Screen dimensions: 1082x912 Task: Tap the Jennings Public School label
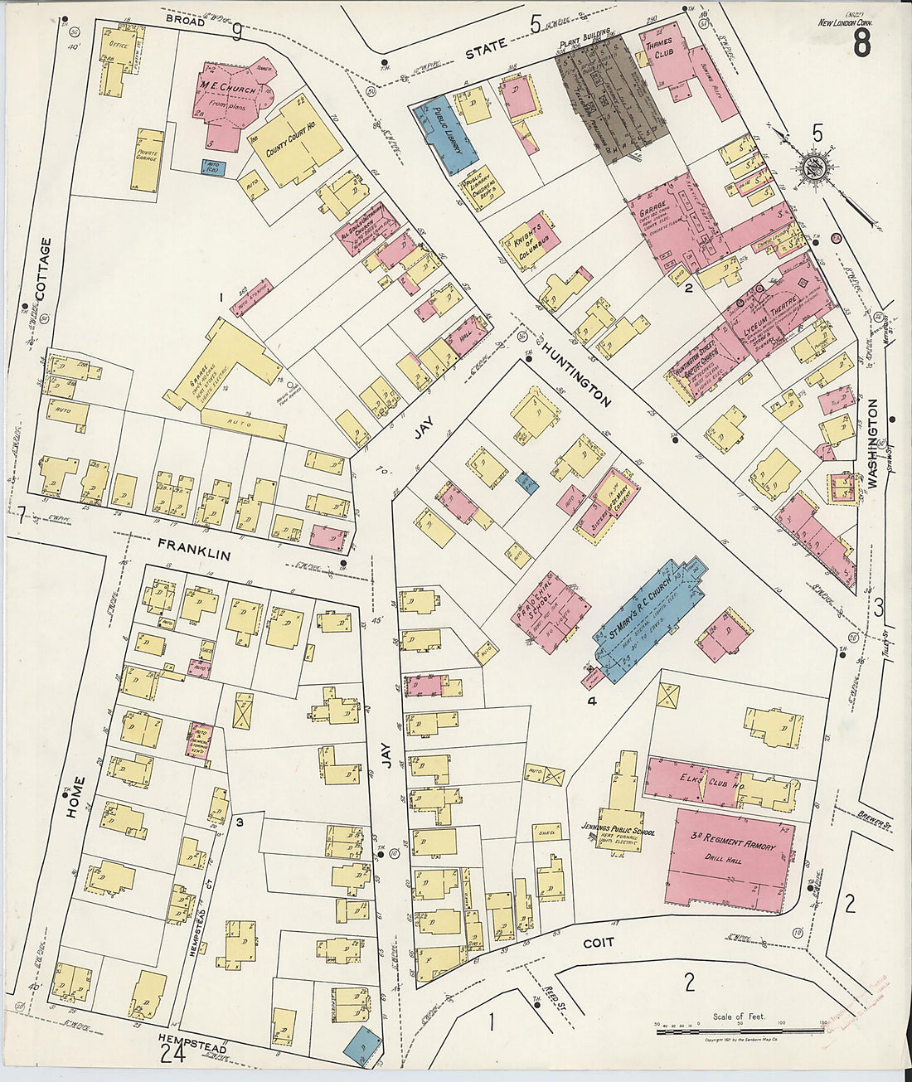click(x=620, y=833)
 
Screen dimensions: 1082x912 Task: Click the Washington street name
click(x=872, y=444)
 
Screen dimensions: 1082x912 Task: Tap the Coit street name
click(x=598, y=943)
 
